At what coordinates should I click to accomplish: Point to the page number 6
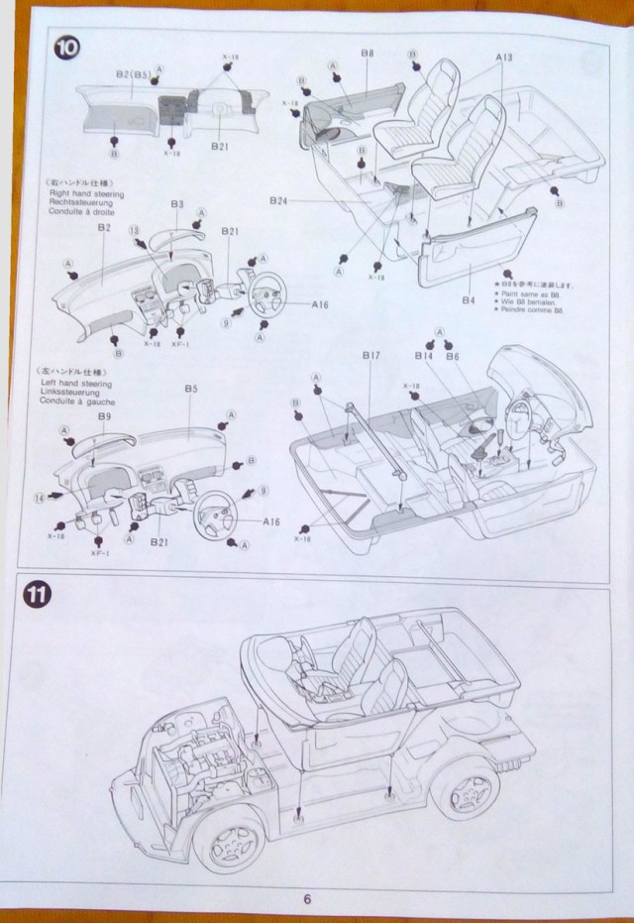coord(307,898)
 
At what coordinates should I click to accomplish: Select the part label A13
coord(504,60)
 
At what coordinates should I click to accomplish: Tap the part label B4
coord(470,298)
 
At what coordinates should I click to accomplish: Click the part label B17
coord(371,355)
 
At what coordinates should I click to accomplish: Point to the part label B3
coord(177,205)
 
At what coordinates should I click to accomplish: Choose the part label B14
coord(425,355)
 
